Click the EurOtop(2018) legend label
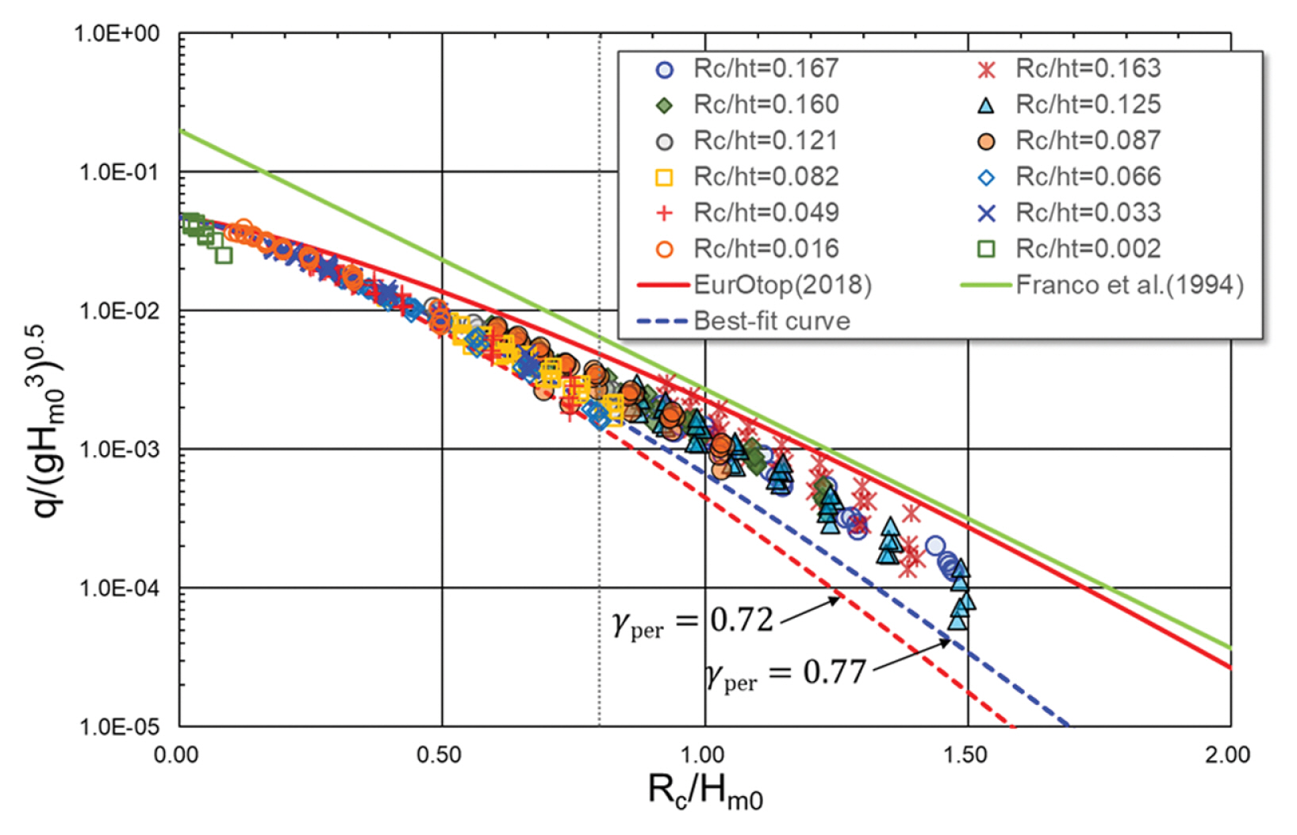tap(782, 285)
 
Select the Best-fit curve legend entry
tap(771, 321)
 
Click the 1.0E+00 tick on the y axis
tap(117, 34)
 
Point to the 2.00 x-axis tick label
tap(1227, 755)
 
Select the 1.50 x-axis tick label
tap(965, 755)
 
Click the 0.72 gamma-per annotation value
tap(741, 620)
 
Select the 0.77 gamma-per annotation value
tap(835, 672)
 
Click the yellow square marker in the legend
tap(665, 178)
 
